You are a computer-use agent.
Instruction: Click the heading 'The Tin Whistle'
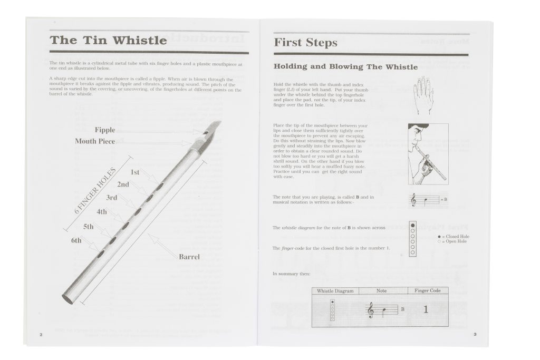point(108,41)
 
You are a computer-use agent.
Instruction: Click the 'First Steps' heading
point(305,43)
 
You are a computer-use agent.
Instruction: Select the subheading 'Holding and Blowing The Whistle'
point(345,67)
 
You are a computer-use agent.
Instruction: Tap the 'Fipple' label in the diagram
point(105,130)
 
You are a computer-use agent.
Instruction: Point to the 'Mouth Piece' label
point(95,141)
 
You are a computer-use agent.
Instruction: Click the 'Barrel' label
point(189,257)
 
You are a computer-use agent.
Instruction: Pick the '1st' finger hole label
point(135,172)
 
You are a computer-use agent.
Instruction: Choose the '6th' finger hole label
point(76,240)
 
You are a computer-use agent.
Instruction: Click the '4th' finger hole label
point(102,212)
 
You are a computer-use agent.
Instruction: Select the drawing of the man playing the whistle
point(427,153)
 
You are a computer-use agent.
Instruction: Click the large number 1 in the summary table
point(426,310)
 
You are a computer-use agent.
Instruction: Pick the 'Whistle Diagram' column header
point(335,290)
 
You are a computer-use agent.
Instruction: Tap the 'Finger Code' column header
point(428,290)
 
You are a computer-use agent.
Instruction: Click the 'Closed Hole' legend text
point(457,237)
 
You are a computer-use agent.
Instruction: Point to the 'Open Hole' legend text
point(456,241)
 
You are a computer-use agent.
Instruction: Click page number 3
point(475,334)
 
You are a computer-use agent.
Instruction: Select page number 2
point(41,334)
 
